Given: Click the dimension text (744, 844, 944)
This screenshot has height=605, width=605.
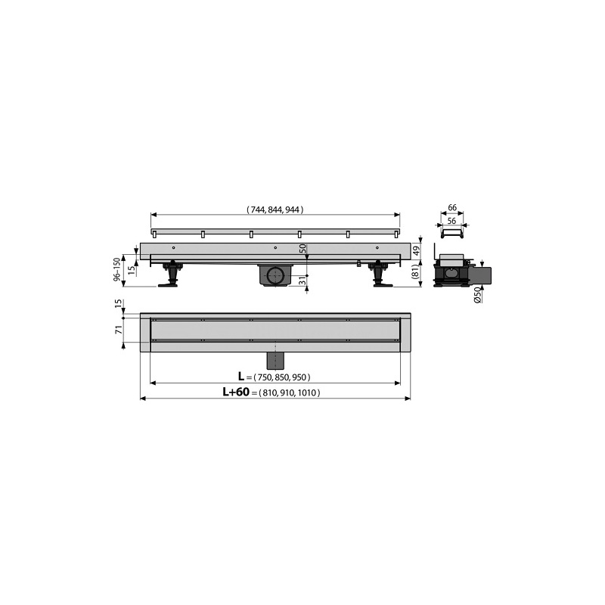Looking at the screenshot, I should click(x=275, y=210).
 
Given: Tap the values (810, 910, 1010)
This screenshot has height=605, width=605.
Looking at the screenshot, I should click(x=289, y=393).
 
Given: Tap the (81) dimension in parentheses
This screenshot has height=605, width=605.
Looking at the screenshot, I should click(x=414, y=272).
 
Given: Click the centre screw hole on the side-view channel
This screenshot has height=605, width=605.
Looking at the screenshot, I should click(x=275, y=248).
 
